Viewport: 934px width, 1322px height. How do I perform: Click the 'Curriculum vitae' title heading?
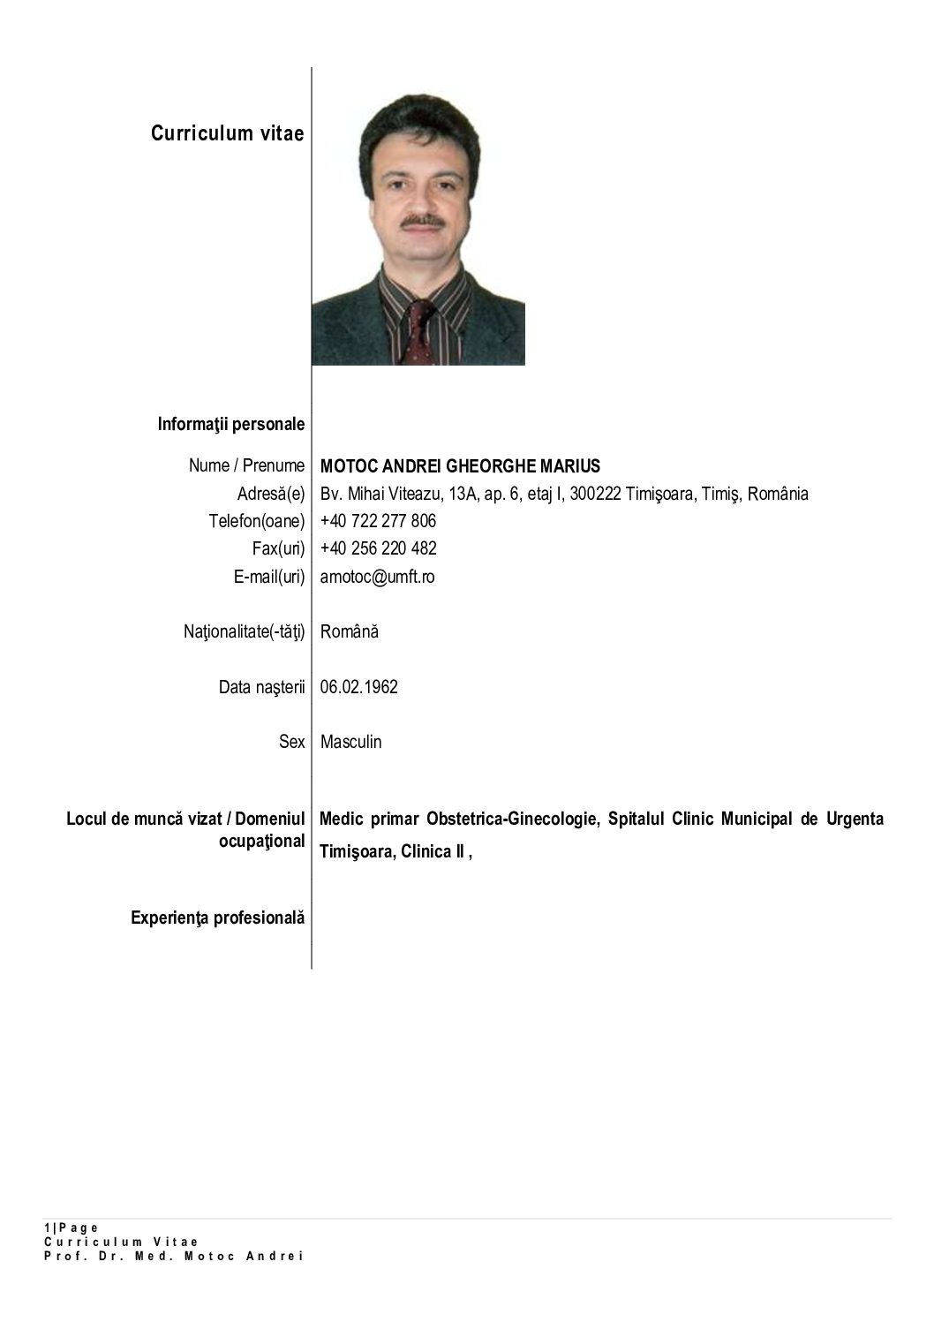pos(227,133)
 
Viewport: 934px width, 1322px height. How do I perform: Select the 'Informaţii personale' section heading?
pos(231,424)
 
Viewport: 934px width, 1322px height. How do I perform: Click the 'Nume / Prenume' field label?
pos(246,465)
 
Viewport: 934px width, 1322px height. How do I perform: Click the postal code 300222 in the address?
pos(595,494)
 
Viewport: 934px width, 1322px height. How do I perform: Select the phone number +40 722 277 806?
pos(378,521)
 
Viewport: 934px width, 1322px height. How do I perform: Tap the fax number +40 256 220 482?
pos(378,548)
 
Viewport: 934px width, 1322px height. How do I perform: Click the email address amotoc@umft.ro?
pos(377,577)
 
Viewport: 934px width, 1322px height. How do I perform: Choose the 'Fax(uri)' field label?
pos(278,548)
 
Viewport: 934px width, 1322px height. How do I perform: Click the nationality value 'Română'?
pos(350,631)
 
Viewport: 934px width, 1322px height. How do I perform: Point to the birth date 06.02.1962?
pos(358,686)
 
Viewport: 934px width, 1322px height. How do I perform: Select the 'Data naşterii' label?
pos(261,686)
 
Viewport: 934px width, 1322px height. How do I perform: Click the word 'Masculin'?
pos(350,742)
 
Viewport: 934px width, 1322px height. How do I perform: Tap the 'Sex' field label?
pos(291,742)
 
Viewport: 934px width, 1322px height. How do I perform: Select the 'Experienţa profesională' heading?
pos(218,918)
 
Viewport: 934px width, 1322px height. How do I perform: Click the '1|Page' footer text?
pos(72,1228)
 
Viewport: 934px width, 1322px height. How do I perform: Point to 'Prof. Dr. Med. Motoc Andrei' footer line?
pos(174,1256)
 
